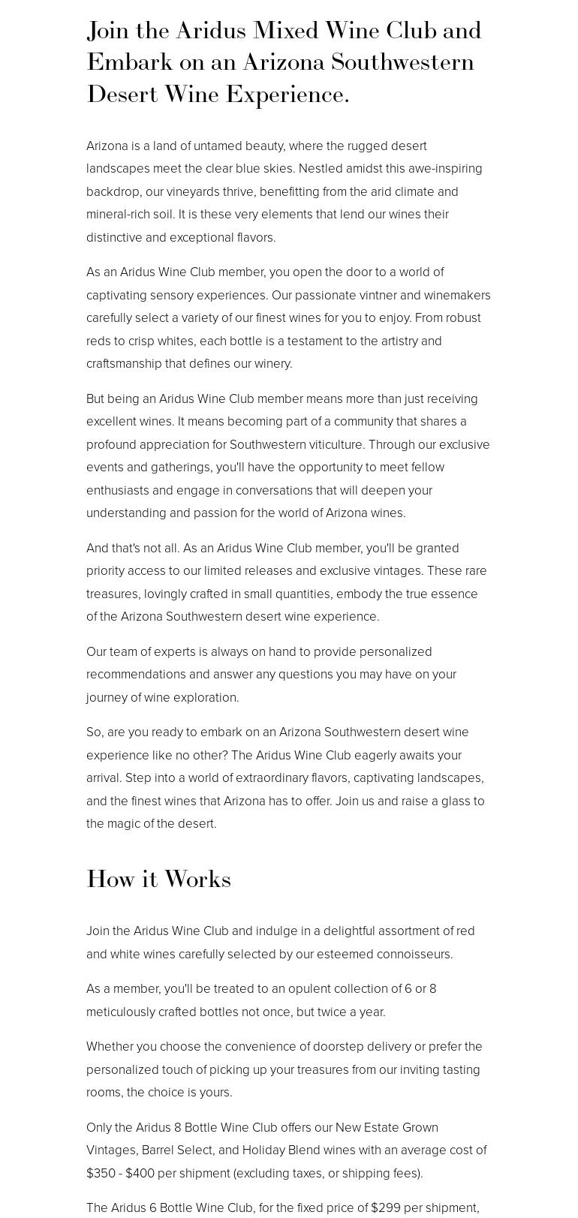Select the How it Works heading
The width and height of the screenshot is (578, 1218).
tap(158, 879)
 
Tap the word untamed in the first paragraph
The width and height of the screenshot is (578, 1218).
tap(218, 146)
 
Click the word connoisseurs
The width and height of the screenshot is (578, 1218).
tap(416, 954)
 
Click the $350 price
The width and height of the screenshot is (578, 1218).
tap(101, 1173)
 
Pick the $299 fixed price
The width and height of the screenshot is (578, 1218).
tap(387, 1207)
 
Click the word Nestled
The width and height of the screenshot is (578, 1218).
tap(321, 168)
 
